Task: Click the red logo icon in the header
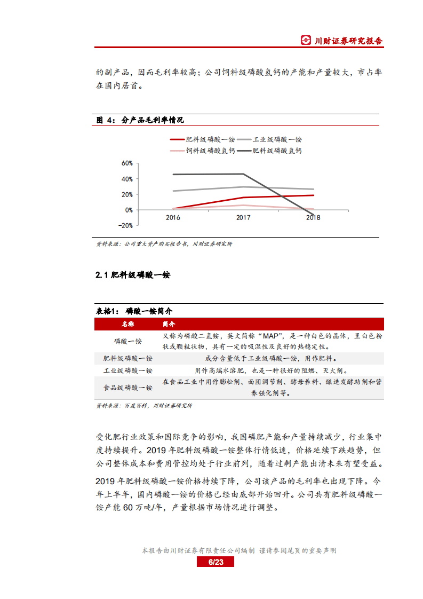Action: click(306, 41)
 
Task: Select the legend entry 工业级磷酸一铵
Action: click(277, 139)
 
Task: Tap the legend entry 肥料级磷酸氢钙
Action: click(277, 151)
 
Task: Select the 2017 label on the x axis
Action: click(243, 218)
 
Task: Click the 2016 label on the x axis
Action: click(173, 218)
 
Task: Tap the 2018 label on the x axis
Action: click(314, 218)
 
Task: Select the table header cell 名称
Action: click(127, 324)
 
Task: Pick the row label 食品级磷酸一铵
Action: click(127, 388)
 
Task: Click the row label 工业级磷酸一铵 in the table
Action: click(127, 370)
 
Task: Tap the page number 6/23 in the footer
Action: click(215, 562)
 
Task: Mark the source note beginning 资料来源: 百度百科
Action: click(144, 406)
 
